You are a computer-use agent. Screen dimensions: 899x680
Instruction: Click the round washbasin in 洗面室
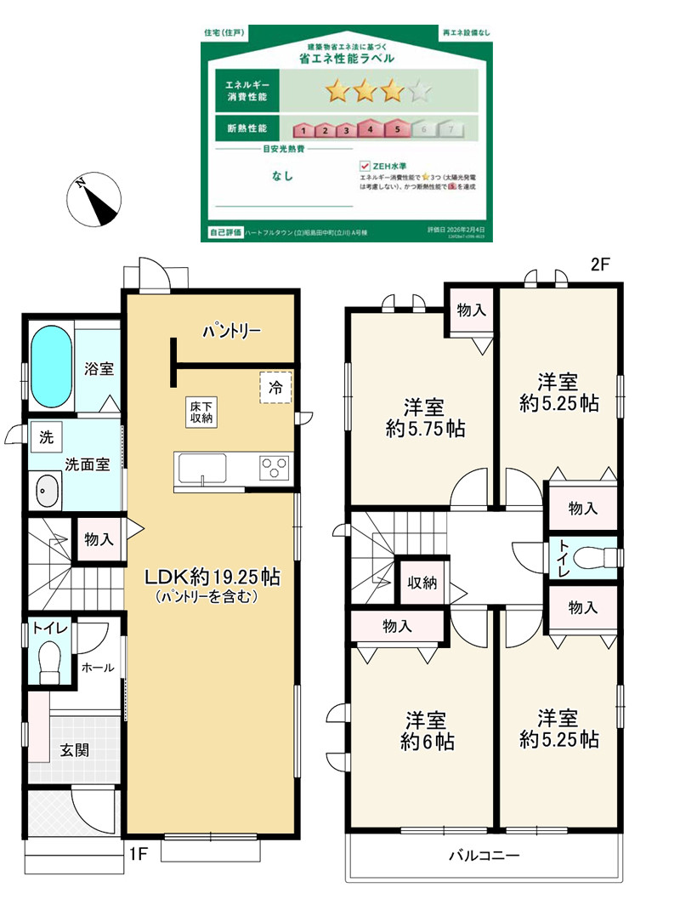click(x=47, y=491)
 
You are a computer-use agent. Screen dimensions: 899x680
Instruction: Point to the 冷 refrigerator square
click(x=276, y=386)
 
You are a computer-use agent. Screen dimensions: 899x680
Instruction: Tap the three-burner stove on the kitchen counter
click(x=275, y=468)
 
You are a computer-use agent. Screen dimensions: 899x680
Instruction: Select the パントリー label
click(x=231, y=331)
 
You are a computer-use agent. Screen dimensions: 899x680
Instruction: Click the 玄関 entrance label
click(x=74, y=751)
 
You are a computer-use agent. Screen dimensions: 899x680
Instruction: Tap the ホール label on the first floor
click(x=98, y=669)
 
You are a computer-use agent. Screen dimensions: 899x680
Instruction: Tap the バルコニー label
click(x=484, y=856)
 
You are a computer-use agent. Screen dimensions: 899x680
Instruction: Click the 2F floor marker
click(x=601, y=265)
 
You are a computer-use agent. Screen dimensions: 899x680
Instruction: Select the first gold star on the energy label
click(x=337, y=89)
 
